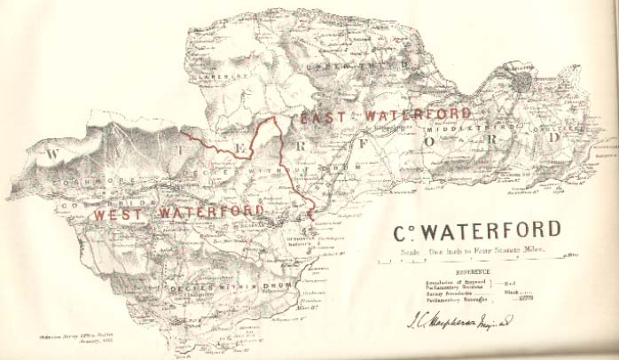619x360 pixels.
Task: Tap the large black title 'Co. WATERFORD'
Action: coord(477,231)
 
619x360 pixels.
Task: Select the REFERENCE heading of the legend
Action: coord(476,273)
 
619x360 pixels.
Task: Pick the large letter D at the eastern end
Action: coord(555,138)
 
